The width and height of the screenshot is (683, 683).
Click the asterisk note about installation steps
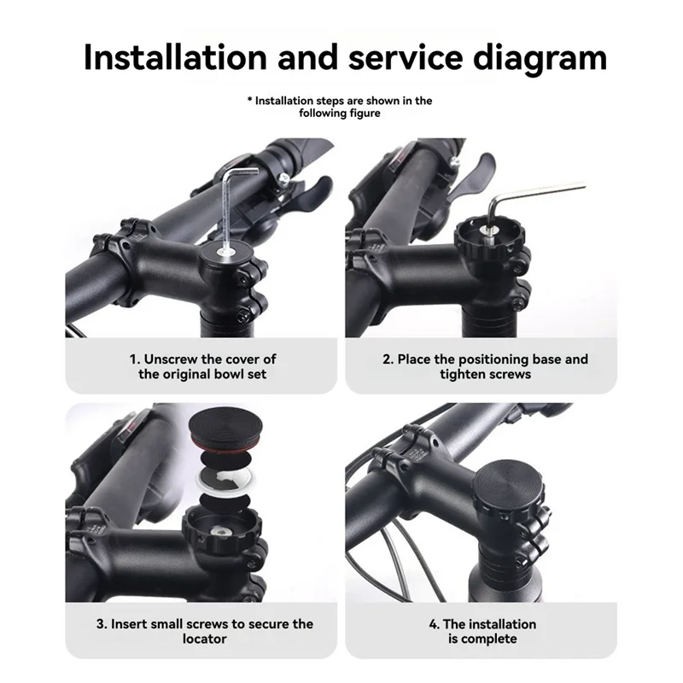click(340, 107)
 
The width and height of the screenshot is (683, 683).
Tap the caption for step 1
click(203, 367)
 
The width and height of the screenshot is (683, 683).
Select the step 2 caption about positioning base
click(485, 367)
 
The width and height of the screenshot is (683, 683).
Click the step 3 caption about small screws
click(203, 632)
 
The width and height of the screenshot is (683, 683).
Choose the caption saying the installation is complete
click(482, 632)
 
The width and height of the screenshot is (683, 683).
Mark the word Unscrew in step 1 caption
click(173, 359)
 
